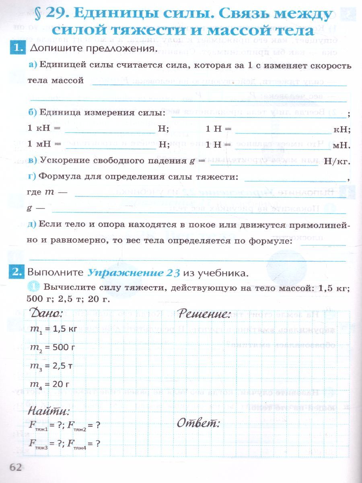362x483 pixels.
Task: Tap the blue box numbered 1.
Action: point(16,48)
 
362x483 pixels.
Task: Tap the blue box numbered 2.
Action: point(16,272)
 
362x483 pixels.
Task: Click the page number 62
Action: point(15,467)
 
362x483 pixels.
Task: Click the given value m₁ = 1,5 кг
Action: point(53,329)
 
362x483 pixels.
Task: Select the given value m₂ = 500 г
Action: point(53,347)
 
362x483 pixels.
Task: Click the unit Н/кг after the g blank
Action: point(337,161)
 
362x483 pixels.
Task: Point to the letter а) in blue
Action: point(33,66)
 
